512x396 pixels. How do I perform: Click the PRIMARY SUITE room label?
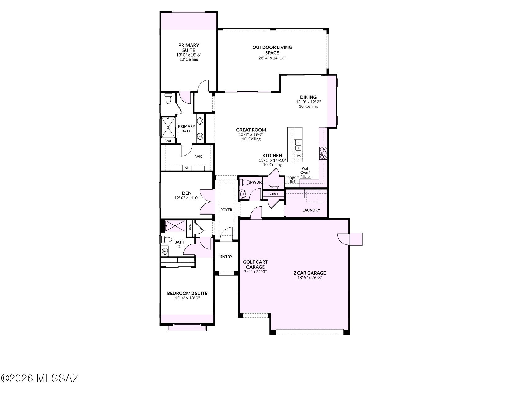coord(188,48)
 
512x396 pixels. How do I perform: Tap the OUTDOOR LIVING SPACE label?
coord(272,50)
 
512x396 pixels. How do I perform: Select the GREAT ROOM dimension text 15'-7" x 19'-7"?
coord(251,134)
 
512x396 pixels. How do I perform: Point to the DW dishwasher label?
coord(298,156)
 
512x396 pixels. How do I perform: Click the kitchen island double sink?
coord(298,145)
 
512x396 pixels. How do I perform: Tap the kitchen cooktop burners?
coord(323,153)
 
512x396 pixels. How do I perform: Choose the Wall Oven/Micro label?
coord(305,172)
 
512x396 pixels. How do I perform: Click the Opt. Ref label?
coord(292,180)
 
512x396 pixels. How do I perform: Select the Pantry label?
coord(274,187)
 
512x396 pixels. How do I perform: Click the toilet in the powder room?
coord(244,182)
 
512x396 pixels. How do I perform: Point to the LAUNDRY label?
coord(311,210)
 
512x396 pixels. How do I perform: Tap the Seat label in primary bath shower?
coord(168,141)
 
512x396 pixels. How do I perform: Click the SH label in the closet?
coord(187,168)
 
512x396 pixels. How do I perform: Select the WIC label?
coord(199,156)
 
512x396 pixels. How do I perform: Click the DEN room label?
coord(186,193)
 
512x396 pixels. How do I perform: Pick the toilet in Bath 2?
coord(167,240)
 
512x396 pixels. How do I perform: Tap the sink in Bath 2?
coord(165,251)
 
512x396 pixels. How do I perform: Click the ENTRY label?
coord(226,257)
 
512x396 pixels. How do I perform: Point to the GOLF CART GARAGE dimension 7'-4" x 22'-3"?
coord(255,271)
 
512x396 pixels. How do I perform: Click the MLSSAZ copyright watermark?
coord(40,378)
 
